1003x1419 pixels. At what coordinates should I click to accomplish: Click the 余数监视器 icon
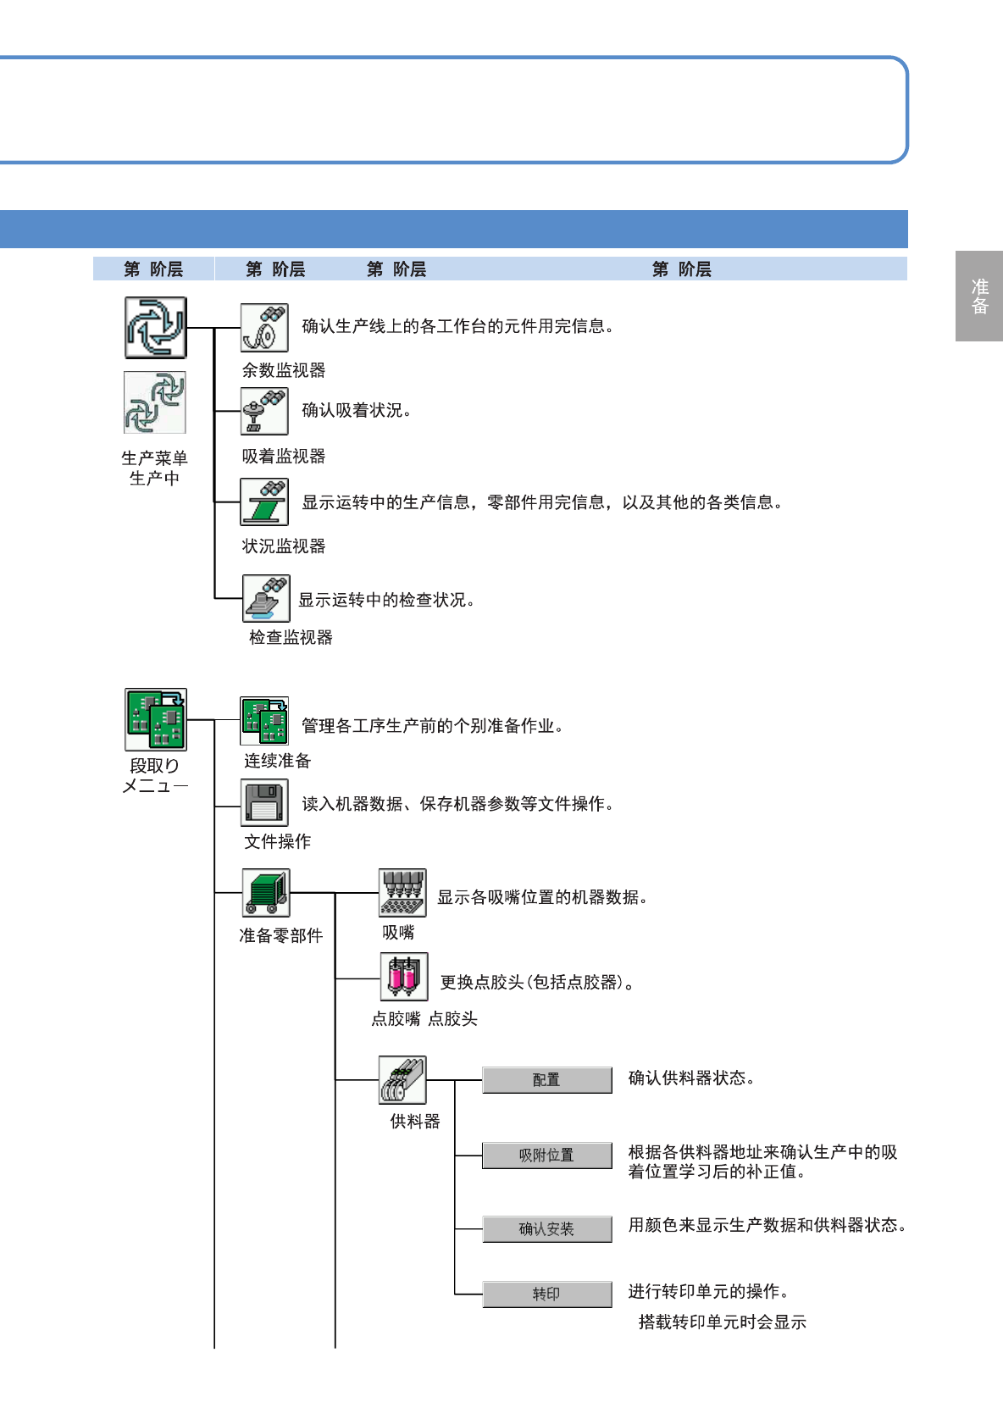264,328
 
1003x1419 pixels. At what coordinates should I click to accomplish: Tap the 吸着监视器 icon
264,411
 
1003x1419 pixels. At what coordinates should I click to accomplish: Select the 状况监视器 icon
264,502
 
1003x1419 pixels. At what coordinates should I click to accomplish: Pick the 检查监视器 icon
266,598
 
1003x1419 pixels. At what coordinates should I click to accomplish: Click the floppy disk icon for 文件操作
264,803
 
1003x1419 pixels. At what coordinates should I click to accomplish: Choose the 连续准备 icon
264,721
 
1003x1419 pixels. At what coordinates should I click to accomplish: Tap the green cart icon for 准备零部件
266,893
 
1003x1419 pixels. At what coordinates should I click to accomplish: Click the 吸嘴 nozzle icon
402,893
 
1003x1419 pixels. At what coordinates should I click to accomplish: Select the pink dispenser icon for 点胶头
404,977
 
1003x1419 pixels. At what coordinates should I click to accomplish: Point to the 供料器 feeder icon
402,1080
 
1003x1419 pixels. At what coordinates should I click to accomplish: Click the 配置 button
547,1080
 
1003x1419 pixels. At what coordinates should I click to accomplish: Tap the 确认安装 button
547,1229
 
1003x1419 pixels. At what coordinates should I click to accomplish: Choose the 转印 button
547,1294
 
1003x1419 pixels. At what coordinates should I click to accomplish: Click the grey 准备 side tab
979,297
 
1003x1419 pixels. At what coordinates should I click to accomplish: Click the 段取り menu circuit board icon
156,719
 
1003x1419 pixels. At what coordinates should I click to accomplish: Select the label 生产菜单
154,458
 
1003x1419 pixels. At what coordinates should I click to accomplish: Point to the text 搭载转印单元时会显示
722,1322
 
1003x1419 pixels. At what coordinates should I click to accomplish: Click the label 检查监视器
291,638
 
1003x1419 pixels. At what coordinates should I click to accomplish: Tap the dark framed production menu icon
156,328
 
